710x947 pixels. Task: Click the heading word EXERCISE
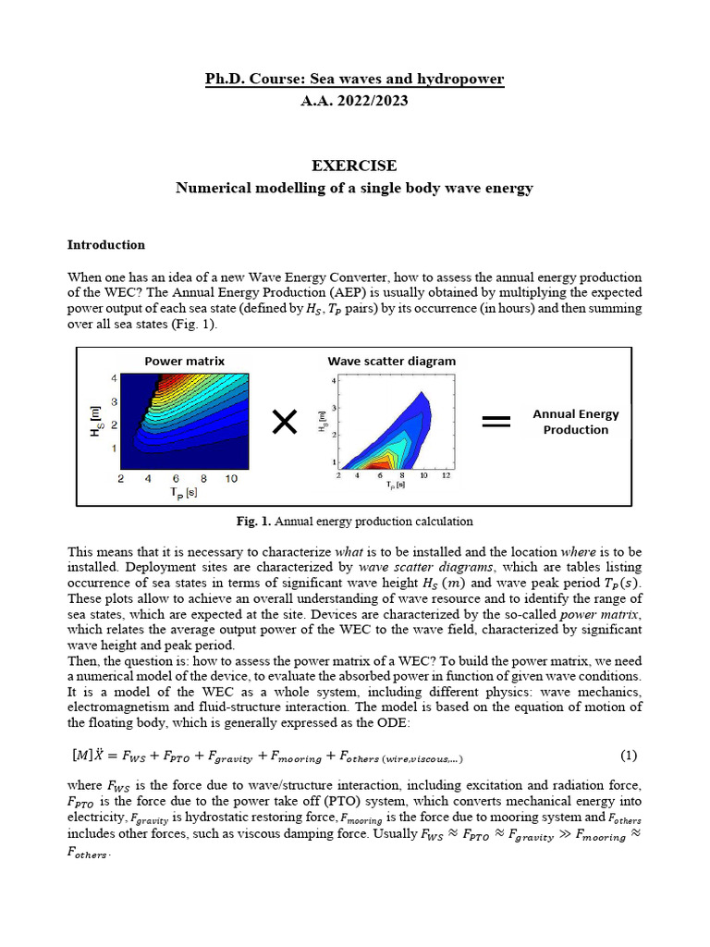354,166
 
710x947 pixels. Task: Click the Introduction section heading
105,245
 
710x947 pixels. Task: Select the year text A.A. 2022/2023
354,101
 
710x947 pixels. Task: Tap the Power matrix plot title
184,361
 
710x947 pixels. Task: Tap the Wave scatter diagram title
391,361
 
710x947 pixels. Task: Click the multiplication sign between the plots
286,424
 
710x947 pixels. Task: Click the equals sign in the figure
496,422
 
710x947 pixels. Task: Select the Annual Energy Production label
575,422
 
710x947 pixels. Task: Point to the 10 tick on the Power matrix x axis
231,479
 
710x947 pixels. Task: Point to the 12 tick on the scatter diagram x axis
447,475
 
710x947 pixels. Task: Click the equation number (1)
629,756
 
